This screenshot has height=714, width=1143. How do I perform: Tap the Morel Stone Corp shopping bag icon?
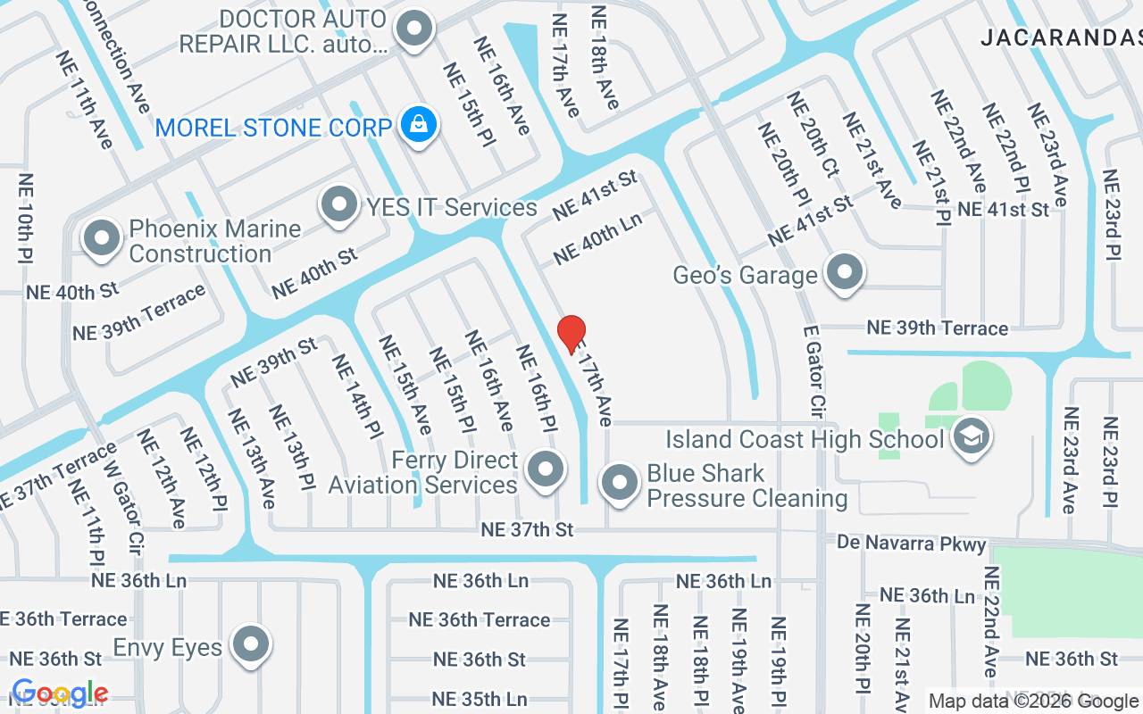point(418,125)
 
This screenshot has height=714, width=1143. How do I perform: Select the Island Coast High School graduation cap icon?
point(970,437)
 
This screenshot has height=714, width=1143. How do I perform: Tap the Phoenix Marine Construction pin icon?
point(102,238)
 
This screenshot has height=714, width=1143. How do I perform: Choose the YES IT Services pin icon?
point(339,204)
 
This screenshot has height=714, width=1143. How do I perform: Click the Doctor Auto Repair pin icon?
point(414,29)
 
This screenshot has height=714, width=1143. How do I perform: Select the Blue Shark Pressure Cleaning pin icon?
point(620,483)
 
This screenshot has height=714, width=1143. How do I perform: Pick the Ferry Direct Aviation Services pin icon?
point(545,469)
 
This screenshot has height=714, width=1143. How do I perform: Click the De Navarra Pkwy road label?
point(912,543)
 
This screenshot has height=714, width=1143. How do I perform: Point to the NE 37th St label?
point(527,529)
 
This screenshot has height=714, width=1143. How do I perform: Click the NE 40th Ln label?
point(597,239)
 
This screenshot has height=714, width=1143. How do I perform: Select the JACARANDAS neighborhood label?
point(1060,37)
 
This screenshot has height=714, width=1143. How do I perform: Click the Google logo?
point(60,693)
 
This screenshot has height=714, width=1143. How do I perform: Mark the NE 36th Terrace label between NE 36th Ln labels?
point(479,619)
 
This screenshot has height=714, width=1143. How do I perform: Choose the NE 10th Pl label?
point(26,218)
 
